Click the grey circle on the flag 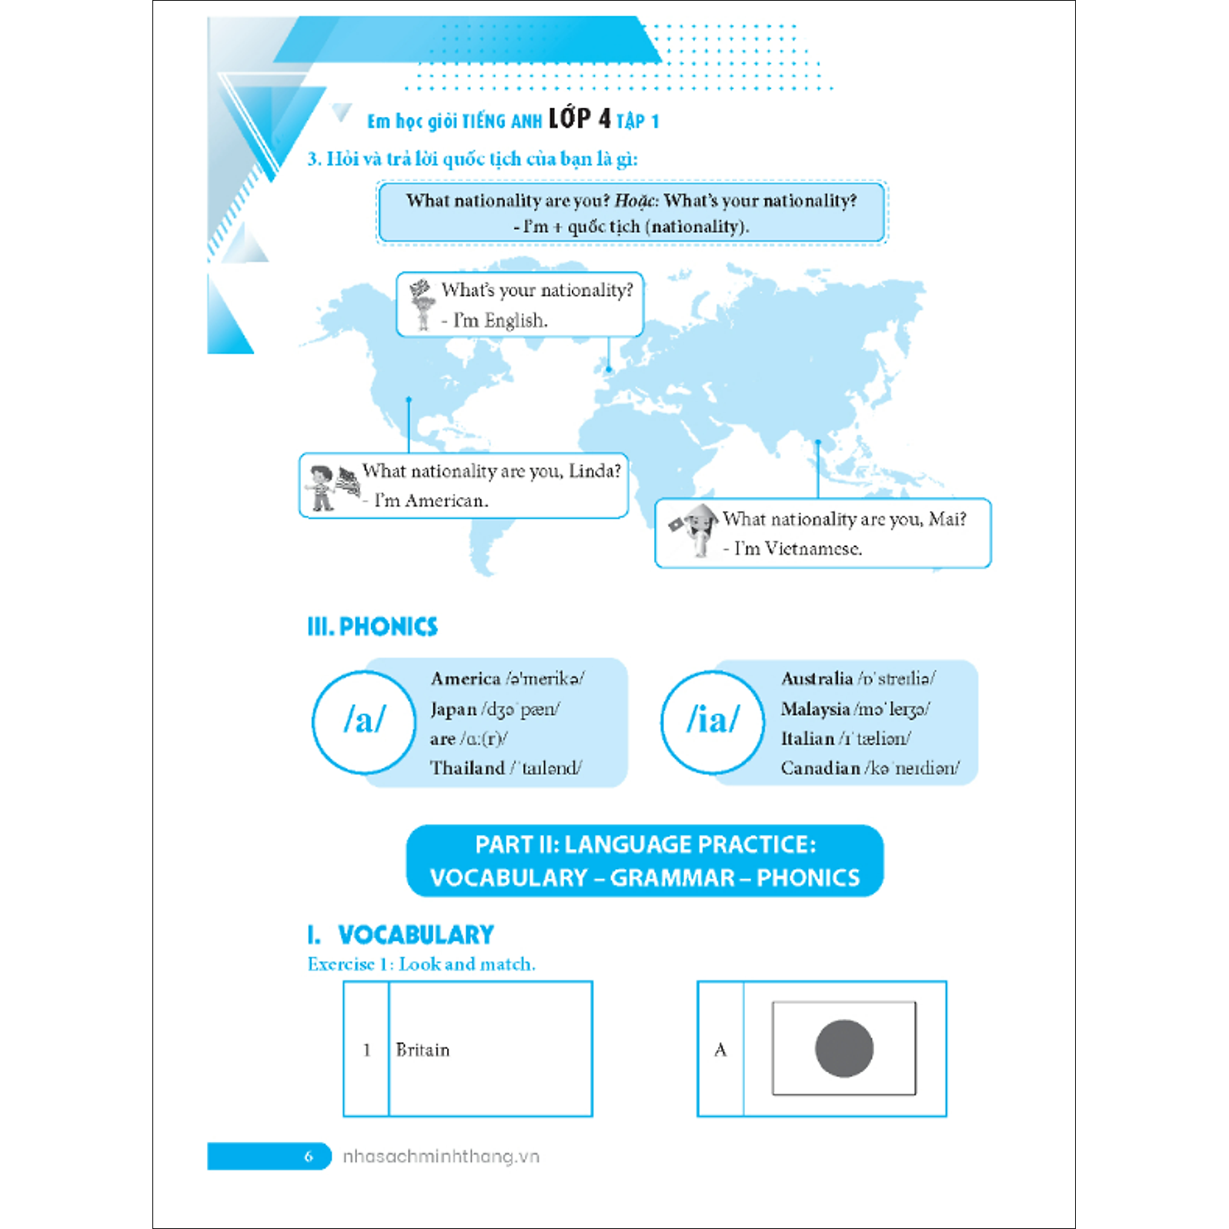[x=843, y=1048]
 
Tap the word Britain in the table [x=422, y=1050]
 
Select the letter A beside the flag [x=720, y=1050]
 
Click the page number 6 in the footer [x=309, y=1156]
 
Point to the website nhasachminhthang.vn [x=441, y=1156]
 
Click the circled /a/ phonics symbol [x=364, y=721]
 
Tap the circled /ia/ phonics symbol [x=713, y=721]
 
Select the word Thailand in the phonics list [x=467, y=768]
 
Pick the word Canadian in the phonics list [x=820, y=768]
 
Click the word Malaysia [x=815, y=709]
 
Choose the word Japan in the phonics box [x=453, y=709]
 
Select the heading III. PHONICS [x=372, y=626]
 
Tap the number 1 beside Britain [x=366, y=1050]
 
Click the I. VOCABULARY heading [x=401, y=934]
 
